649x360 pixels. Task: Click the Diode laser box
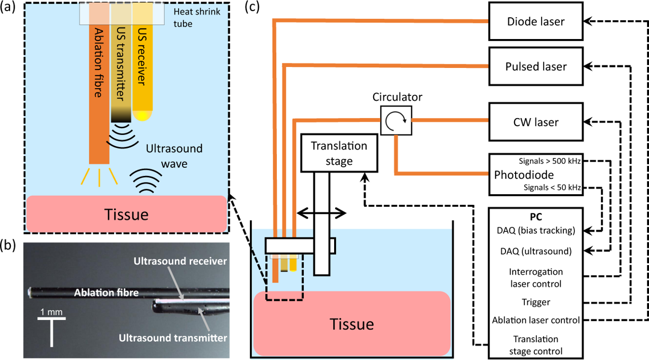point(535,22)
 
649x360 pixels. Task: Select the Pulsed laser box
point(535,66)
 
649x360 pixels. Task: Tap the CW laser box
point(535,122)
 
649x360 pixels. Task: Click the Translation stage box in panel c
point(339,153)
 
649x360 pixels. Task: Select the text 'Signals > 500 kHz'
point(550,162)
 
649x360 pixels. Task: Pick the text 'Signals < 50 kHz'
point(552,188)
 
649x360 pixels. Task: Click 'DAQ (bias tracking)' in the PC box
point(536,231)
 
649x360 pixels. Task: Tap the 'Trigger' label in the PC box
point(536,302)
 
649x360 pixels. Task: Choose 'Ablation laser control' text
point(536,320)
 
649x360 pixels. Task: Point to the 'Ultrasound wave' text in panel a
point(174,156)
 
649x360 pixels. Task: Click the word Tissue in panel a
point(126,214)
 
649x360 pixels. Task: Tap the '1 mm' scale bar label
point(51,312)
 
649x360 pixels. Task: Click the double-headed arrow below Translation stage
point(321,214)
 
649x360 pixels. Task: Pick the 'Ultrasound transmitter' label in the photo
point(172,338)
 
